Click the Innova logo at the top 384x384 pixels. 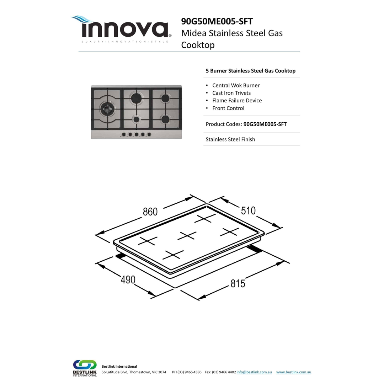(x=121, y=29)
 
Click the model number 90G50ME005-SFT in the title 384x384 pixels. (x=217, y=21)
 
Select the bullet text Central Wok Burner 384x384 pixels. (x=236, y=85)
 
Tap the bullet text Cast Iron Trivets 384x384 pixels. (x=231, y=93)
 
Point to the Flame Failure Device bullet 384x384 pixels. (x=237, y=101)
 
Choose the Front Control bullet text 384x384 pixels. (x=228, y=108)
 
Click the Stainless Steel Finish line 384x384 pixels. (x=230, y=139)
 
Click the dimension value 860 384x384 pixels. (x=150, y=212)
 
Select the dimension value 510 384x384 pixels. (x=248, y=210)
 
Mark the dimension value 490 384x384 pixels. (x=128, y=280)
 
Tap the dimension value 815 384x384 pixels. (x=238, y=283)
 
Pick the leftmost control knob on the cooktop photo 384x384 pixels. (x=124, y=134)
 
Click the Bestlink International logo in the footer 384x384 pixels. (x=85, y=368)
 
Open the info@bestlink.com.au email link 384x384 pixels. (x=254, y=372)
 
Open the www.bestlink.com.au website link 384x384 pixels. (x=294, y=372)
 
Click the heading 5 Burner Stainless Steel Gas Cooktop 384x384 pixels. (x=251, y=71)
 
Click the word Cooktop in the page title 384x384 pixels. (x=198, y=45)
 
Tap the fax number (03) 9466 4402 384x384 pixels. (x=224, y=372)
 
